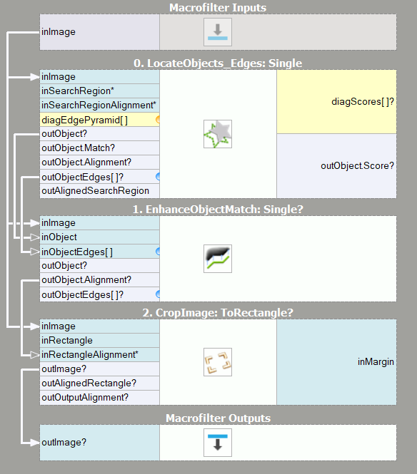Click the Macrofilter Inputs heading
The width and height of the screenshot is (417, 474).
[x=218, y=8]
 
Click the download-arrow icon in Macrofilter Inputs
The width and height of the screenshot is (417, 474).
[x=218, y=32]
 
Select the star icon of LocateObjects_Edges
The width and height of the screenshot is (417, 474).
[x=218, y=134]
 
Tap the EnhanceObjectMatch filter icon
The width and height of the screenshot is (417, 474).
[x=218, y=259]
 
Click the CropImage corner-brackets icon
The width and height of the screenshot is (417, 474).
[x=218, y=362]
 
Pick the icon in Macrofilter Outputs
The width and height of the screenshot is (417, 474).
[x=218, y=443]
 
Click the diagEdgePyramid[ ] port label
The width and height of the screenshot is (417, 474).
[x=84, y=120]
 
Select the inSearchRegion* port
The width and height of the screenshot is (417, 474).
[x=78, y=91]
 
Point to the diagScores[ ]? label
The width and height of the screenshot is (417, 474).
[x=363, y=101]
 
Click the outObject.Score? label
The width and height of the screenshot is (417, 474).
[x=357, y=165]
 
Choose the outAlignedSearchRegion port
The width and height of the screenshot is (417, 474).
[x=96, y=191]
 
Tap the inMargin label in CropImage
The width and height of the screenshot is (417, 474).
[x=376, y=362]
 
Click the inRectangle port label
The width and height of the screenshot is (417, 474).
[x=67, y=341]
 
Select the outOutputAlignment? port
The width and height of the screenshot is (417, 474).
[x=85, y=397]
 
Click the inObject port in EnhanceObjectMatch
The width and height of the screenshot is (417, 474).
[x=59, y=237]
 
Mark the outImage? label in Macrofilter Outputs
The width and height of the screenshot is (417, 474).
[x=64, y=442]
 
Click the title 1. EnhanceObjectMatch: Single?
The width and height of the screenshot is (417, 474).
[x=218, y=209]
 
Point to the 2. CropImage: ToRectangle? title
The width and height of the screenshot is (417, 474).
[x=218, y=313]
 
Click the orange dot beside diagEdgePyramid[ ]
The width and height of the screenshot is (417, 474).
[x=158, y=120]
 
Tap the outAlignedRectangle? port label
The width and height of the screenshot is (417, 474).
[x=89, y=383]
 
